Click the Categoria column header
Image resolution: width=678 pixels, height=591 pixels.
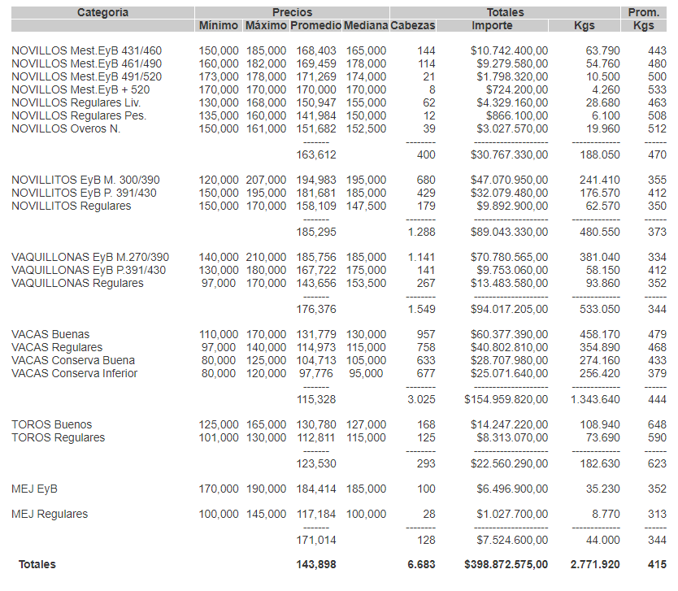pos(102,12)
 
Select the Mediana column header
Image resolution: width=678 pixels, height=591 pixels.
pos(366,26)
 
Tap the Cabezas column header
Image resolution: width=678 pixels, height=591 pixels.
pos(412,26)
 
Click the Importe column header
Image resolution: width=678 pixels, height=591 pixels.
pos(492,26)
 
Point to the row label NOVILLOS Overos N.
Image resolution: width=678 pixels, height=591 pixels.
pos(66,129)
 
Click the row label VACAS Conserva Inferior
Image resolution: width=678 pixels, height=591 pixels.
pos(75,374)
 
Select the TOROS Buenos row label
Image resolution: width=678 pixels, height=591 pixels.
pos(52,424)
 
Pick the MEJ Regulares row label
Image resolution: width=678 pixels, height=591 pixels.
pos(50,515)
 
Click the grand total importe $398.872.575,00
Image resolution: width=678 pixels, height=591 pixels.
pos(506,564)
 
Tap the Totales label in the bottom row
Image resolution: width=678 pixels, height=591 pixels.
pos(37,564)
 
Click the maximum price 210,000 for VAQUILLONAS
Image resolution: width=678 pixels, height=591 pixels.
pos(266,258)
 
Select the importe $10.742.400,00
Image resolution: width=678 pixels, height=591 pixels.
pos(509,51)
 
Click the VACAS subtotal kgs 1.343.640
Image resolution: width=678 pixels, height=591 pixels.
pos(595,399)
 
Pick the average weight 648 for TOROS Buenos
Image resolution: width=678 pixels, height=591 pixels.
pos(657,424)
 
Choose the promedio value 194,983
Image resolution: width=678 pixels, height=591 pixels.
pos(313,180)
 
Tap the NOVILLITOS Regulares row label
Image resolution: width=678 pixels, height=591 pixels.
pos(72,206)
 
